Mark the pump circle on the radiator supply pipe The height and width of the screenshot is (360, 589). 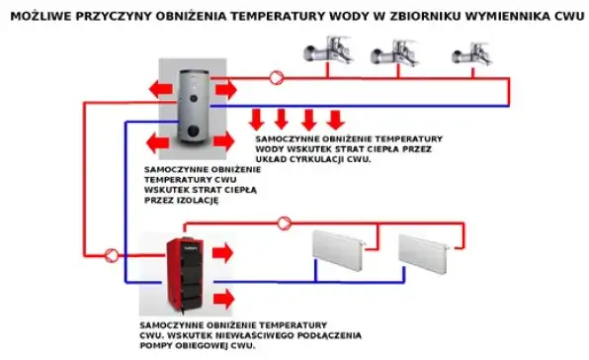pyautogui.click(x=285, y=223)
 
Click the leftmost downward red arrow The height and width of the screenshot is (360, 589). pyautogui.click(x=258, y=119)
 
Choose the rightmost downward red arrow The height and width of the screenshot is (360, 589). pyautogui.click(x=336, y=119)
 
